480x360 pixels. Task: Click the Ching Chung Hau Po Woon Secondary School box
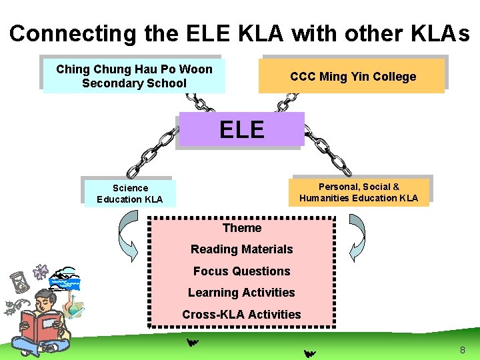tap(134, 76)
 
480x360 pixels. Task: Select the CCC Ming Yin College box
tap(353, 76)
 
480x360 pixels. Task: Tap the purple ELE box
tap(241, 129)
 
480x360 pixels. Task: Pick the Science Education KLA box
tap(129, 193)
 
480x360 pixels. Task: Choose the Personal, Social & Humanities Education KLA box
tap(359, 192)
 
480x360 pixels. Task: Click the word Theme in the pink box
tap(241, 228)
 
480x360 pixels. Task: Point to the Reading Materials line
tap(241, 249)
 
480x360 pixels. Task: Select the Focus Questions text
tap(241, 271)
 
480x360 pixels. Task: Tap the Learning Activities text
tap(241, 293)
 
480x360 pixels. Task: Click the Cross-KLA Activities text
tap(241, 314)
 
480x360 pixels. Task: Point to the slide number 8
tap(463, 351)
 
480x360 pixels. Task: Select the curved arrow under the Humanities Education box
tap(357, 233)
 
